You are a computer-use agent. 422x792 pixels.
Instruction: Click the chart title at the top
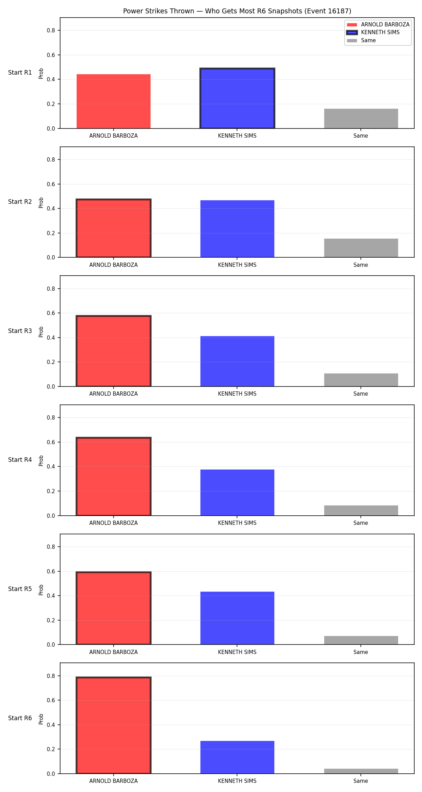pyautogui.click(x=237, y=11)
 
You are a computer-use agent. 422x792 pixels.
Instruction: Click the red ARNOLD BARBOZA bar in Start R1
pyautogui.click(x=114, y=101)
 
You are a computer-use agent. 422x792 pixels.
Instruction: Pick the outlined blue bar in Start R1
pyautogui.click(x=237, y=98)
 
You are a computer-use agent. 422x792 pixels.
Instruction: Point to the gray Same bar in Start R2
pyautogui.click(x=361, y=248)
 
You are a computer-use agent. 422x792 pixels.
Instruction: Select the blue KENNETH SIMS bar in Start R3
pyautogui.click(x=237, y=361)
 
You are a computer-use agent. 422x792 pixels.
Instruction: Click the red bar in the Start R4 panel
pyautogui.click(x=114, y=476)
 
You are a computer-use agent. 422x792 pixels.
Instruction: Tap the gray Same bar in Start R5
pyautogui.click(x=361, y=640)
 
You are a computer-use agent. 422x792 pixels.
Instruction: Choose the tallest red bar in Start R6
pyautogui.click(x=114, y=725)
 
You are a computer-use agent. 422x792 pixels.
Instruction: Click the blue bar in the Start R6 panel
pyautogui.click(x=237, y=757)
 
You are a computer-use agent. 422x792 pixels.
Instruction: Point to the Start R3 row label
pyautogui.click(x=20, y=331)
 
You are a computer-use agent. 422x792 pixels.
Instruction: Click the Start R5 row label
pyautogui.click(x=20, y=589)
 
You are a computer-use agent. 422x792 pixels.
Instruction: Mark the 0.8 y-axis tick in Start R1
pyautogui.click(x=51, y=31)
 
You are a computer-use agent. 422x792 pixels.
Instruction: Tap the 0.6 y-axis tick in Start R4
pyautogui.click(x=51, y=442)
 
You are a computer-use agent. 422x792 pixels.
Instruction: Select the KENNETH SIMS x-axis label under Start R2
pyautogui.click(x=237, y=265)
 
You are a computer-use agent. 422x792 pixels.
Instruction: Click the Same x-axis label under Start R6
pyautogui.click(x=361, y=781)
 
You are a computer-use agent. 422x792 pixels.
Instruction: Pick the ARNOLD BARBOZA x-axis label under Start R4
pyautogui.click(x=114, y=523)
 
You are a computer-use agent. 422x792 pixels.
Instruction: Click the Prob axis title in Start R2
pyautogui.click(x=41, y=202)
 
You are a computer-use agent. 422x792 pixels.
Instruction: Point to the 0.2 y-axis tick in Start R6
pyautogui.click(x=51, y=749)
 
